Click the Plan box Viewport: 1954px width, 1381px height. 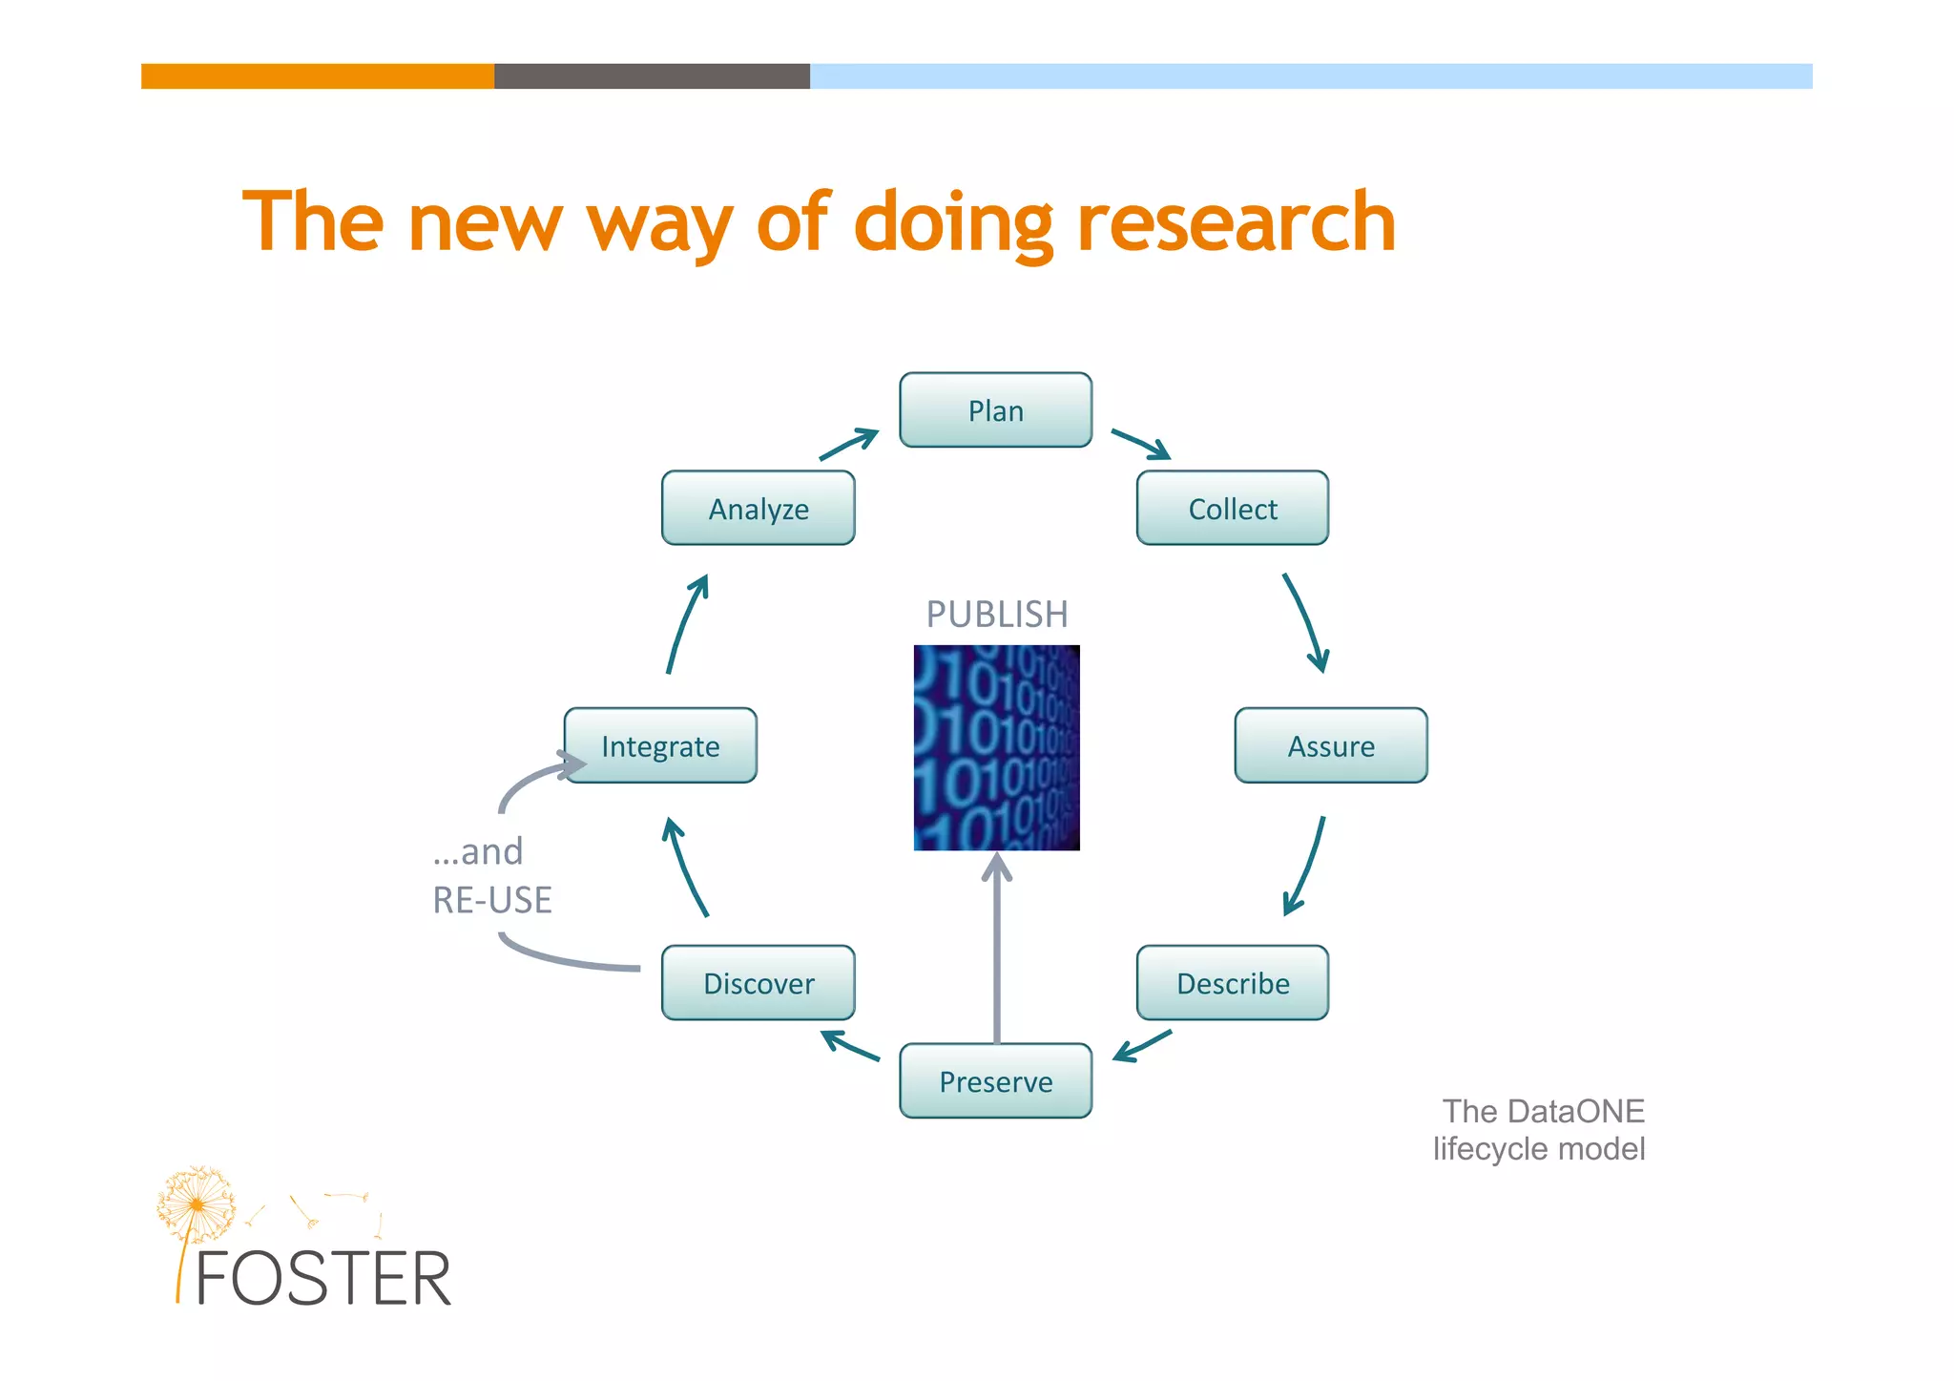[x=995, y=410]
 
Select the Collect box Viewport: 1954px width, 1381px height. [x=1232, y=508]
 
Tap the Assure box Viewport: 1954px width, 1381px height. [x=1331, y=745]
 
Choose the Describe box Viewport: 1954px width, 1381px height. [x=1232, y=983]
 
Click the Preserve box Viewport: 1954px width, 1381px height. [x=995, y=1081]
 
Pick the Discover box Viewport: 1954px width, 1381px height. [x=758, y=983]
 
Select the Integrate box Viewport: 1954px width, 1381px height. [x=660, y=745]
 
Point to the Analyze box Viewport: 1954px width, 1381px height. [x=758, y=508]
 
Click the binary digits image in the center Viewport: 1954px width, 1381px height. [x=996, y=747]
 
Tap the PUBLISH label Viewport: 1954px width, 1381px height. [x=996, y=614]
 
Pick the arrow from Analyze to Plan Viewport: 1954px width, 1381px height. [x=848, y=445]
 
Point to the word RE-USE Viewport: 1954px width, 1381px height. [x=492, y=900]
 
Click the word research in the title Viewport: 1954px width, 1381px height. [x=1236, y=221]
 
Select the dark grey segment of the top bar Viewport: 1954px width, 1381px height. [x=652, y=76]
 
